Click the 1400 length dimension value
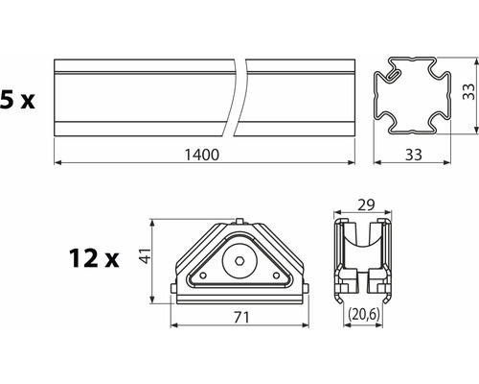click(202, 155)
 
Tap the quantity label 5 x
click(17, 100)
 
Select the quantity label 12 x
click(94, 258)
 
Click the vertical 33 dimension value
click(468, 91)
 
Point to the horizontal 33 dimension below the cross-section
click(414, 155)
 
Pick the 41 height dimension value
click(146, 255)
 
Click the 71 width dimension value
click(241, 318)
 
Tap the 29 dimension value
click(366, 205)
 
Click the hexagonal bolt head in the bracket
click(239, 261)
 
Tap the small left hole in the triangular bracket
click(202, 276)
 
